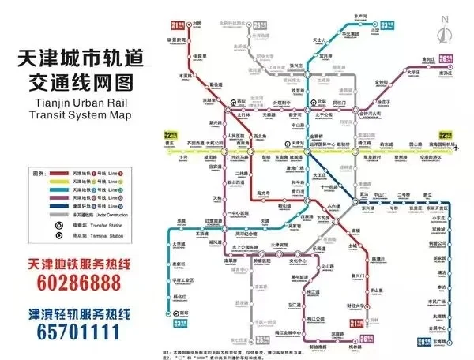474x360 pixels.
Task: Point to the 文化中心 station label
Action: coord(297,260)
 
